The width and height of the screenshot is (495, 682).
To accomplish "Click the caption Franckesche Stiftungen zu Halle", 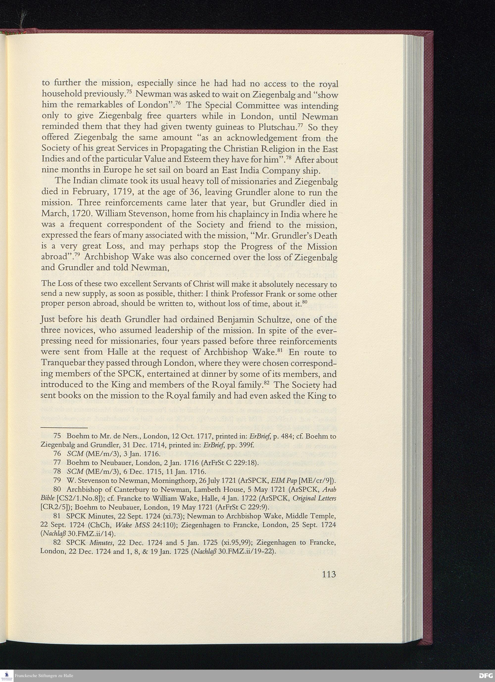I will (x=44, y=676).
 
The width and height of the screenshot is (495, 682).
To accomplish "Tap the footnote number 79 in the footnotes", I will (x=57, y=479).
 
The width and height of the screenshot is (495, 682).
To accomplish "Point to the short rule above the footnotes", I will (x=64, y=427).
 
